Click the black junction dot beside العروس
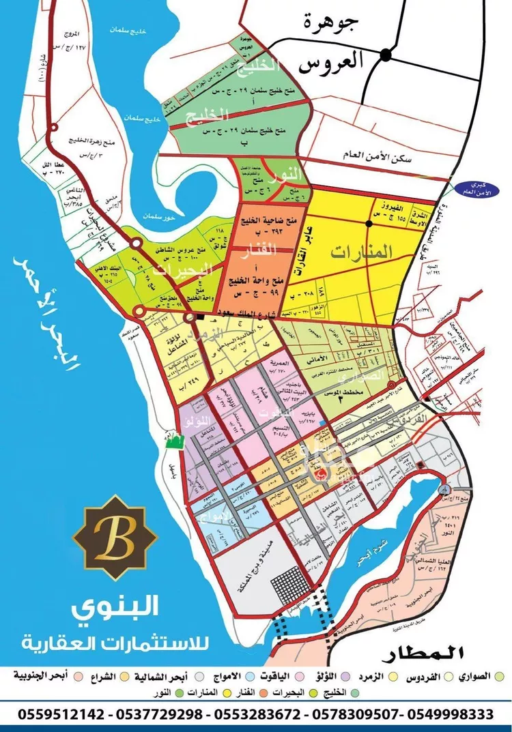[x=386, y=53]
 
